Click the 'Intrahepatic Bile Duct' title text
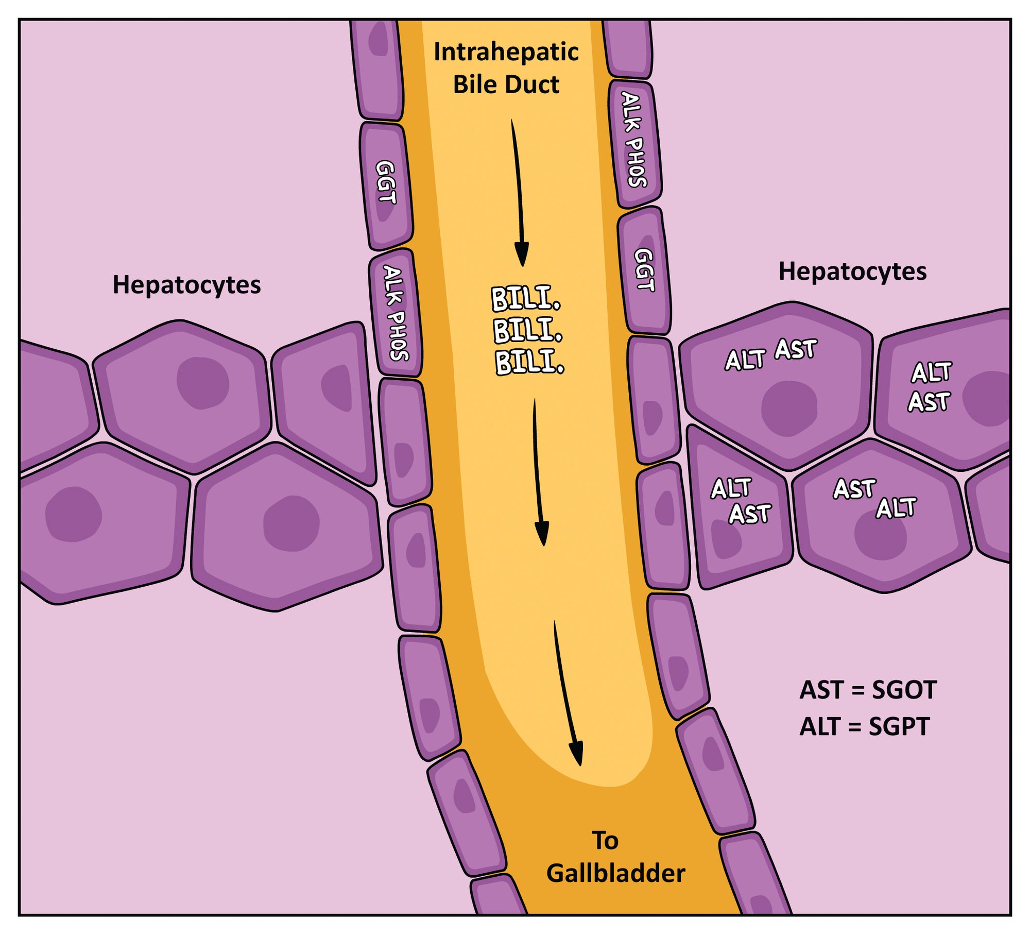click(506, 68)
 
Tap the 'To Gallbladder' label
click(615, 858)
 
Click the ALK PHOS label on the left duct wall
click(396, 313)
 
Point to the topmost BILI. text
click(525, 299)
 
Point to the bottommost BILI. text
click(529, 362)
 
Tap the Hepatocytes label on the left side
click(186, 285)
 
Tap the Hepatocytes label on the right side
click(852, 271)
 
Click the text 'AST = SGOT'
click(868, 690)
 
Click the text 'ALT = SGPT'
click(864, 727)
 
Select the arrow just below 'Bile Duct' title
click(518, 193)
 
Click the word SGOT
click(904, 690)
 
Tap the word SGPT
click(899, 727)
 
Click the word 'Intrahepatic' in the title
click(506, 52)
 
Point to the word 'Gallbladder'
click(615, 874)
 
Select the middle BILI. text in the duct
click(527, 330)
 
